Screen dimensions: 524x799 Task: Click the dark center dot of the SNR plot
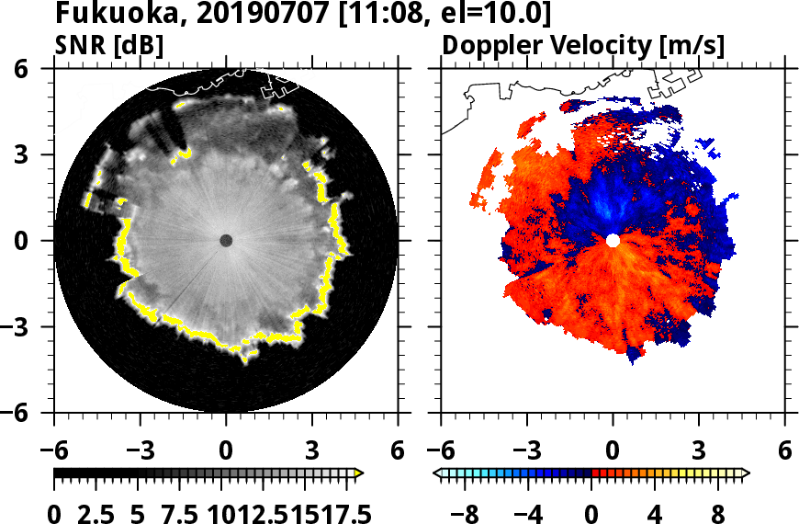226,241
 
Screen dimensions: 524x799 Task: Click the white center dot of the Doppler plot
613,241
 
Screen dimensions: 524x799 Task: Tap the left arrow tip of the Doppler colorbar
437,473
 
